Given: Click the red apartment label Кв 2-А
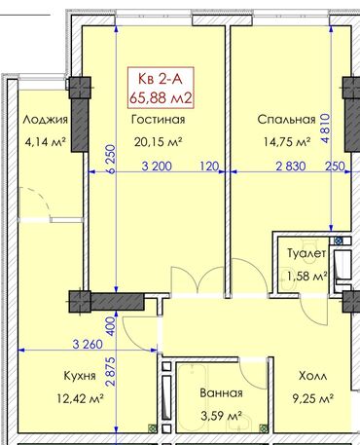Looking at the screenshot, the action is point(161,79).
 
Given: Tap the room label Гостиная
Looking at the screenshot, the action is point(159,120).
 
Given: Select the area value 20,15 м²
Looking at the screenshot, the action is point(158,141).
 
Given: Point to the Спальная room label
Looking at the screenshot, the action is point(286,120).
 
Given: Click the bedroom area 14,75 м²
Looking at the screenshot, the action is point(287,141).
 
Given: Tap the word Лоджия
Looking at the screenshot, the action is point(46,120).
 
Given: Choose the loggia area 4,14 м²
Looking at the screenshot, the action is point(46,142).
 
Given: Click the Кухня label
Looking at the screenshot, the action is point(80,376).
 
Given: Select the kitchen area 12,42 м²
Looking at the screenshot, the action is point(80,398).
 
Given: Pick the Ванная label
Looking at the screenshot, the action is point(221,393).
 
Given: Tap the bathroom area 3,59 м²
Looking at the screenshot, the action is point(221,416).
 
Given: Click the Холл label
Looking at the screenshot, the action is point(312,376).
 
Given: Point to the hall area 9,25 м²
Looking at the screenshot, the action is point(313,398).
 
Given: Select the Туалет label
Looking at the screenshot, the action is point(306,253).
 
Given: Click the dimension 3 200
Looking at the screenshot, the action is point(157,167).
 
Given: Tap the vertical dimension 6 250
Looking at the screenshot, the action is point(111,160).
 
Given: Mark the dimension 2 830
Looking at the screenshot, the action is point(291,167).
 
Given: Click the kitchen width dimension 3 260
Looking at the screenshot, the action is point(88,344).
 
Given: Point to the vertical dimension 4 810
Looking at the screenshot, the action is point(325,129).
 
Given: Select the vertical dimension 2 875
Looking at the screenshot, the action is point(111,371).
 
